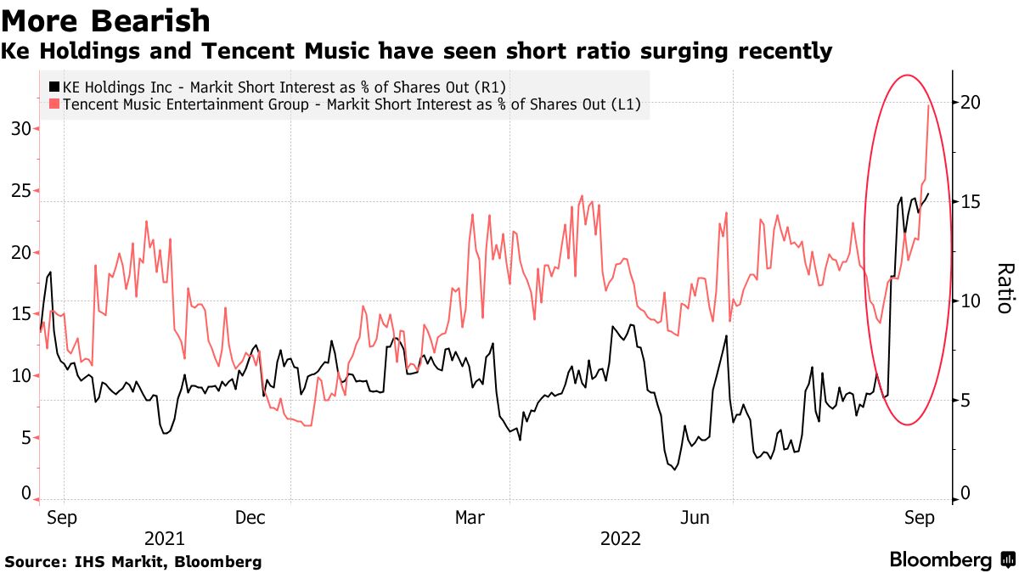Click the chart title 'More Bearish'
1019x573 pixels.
coord(107,20)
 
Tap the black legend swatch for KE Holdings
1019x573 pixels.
coord(54,87)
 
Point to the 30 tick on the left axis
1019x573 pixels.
coord(20,129)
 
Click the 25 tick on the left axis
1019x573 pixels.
coord(20,191)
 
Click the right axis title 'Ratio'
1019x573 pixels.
coord(1004,288)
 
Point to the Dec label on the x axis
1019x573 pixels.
coord(251,517)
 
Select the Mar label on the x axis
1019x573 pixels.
coord(470,517)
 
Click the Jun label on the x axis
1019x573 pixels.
coord(697,517)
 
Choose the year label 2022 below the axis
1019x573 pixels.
coord(620,538)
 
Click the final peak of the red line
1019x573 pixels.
coord(928,104)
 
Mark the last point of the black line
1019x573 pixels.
coord(928,194)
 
